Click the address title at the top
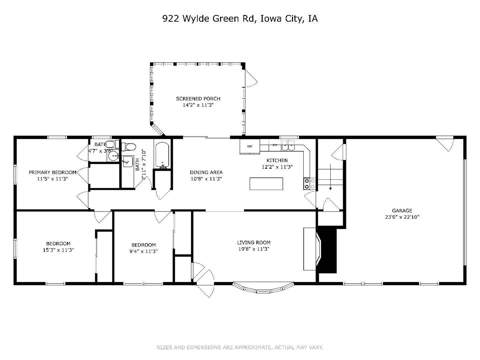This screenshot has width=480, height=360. pos(240,19)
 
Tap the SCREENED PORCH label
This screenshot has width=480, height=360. pos(198,99)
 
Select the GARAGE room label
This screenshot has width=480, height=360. pos(402,211)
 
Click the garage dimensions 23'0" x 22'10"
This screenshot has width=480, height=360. pos(402,217)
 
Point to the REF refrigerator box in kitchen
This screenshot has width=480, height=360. pos(250,147)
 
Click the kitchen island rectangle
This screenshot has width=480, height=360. pos(266,184)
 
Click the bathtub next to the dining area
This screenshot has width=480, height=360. pos(162,155)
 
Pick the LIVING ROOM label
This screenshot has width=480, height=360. pos(253,243)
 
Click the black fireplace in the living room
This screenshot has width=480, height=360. pos(327,250)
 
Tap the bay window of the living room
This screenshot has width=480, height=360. pos(262,288)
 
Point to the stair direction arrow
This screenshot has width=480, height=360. pos(330,180)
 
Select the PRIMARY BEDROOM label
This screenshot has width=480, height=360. pos(52,172)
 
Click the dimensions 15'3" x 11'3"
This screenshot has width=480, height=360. pos(58,250)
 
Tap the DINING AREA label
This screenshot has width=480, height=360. pos(206,172)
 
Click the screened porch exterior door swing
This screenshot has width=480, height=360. pos(251,80)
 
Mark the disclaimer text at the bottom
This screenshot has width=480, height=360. pos(240,348)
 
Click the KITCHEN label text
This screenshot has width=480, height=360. pos(277,160)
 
